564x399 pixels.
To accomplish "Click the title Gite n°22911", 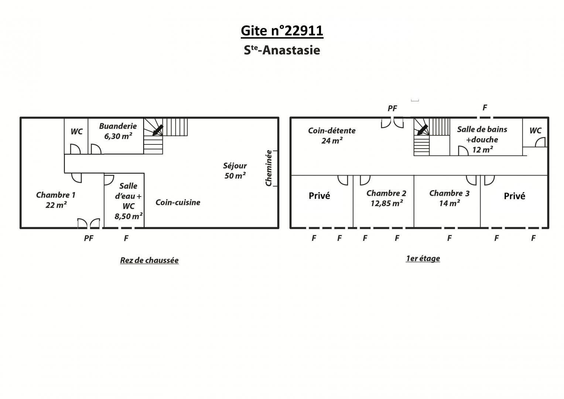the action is click(282, 31).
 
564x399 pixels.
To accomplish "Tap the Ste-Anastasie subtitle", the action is click(282, 50).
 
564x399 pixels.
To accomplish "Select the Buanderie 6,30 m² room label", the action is click(118, 131).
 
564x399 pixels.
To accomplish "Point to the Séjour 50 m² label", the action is click(235, 171).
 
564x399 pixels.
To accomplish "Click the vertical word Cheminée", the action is click(269, 168).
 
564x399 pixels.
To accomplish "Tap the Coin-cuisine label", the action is click(178, 202).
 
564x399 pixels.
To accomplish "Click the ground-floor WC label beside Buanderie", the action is click(76, 132).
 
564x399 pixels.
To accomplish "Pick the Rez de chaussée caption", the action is click(149, 260).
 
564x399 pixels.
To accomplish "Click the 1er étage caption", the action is click(423, 259).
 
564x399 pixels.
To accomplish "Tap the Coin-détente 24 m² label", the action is click(332, 136).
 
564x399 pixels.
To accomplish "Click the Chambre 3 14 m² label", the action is click(450, 198).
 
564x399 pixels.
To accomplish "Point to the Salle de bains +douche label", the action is click(482, 140).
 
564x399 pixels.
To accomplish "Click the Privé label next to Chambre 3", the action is click(515, 196).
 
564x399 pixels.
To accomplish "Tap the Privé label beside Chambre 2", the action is click(319, 196).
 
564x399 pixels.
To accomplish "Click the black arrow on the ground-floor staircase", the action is click(158, 130).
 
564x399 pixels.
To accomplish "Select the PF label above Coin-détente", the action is click(392, 108).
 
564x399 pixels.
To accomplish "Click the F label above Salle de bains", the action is click(485, 108).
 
